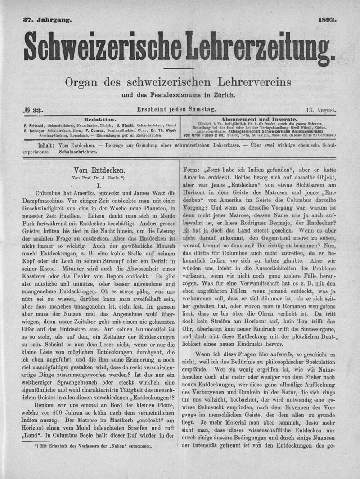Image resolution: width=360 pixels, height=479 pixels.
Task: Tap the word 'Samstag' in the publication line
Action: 202,109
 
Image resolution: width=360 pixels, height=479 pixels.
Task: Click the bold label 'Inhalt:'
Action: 46,146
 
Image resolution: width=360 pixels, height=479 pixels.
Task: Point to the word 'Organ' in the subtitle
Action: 82,83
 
